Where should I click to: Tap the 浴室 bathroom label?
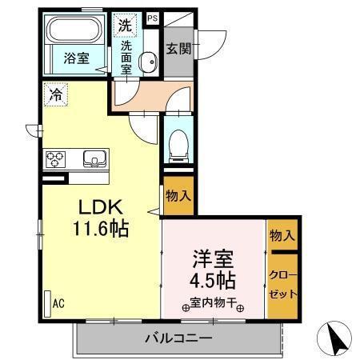pyautogui.click(x=77, y=58)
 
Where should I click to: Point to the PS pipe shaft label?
pyautogui.click(x=153, y=17)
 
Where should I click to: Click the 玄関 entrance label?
pyautogui.click(x=178, y=49)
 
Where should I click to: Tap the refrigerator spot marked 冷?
pyautogui.click(x=55, y=94)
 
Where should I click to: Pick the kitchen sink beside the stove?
pyautogui.click(x=94, y=159)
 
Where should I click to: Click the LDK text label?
pyautogui.click(x=99, y=207)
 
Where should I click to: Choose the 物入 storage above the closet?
pyautogui.click(x=282, y=235)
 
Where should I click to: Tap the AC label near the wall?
pyautogui.click(x=58, y=302)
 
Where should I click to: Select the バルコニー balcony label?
pyautogui.click(x=178, y=338)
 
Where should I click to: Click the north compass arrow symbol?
pyautogui.click(x=337, y=341)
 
